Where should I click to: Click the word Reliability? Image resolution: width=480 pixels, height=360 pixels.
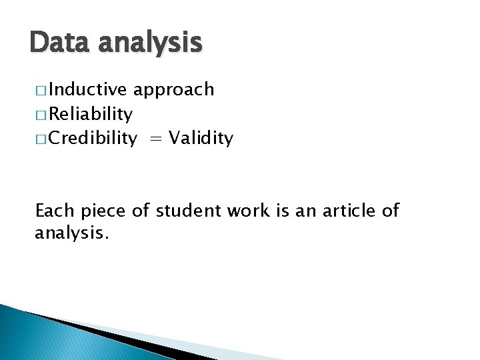(91, 115)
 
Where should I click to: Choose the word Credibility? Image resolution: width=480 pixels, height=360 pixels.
(93, 139)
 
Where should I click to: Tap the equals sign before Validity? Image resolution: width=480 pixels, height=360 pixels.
(155, 139)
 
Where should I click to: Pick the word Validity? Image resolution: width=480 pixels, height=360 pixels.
(201, 139)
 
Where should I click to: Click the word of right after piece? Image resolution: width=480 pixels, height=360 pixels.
(141, 211)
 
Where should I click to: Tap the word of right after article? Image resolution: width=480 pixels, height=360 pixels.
(390, 211)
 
